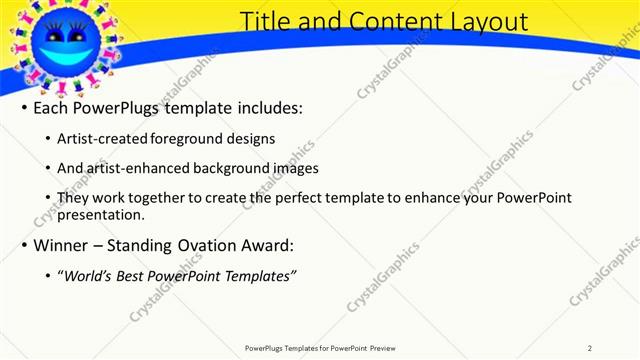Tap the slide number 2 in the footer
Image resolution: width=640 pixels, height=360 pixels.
tap(590, 348)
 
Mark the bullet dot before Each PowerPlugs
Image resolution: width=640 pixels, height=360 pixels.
tap(25, 108)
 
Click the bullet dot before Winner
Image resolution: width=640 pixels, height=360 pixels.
tap(25, 246)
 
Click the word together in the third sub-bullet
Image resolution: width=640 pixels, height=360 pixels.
tap(142, 198)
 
